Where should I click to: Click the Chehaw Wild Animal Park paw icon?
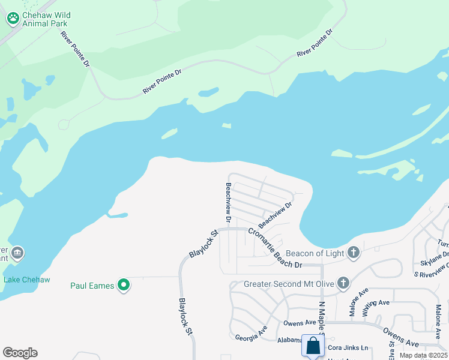13,18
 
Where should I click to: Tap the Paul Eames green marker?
124,285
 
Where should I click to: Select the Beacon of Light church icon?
354,253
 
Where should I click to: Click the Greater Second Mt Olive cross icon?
343,283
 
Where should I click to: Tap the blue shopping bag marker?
313,346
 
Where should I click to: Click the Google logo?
20,353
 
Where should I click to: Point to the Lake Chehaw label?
26,280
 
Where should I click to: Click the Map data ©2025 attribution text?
424,356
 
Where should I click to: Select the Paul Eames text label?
92,286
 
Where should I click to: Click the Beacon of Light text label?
315,253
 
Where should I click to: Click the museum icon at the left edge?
17,251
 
